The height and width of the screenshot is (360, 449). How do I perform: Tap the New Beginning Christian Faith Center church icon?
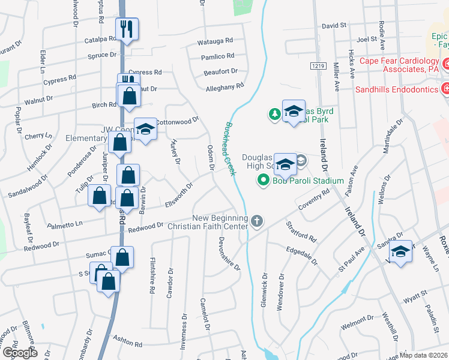coord(256,221)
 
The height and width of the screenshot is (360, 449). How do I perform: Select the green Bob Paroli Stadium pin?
coord(262,179)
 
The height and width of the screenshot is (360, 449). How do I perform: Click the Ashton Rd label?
coord(130,344)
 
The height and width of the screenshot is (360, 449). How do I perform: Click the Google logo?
coord(19,352)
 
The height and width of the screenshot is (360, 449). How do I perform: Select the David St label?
coord(335,26)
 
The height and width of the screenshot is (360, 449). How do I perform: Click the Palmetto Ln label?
coord(65,224)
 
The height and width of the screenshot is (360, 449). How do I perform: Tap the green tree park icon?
coord(274,113)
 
